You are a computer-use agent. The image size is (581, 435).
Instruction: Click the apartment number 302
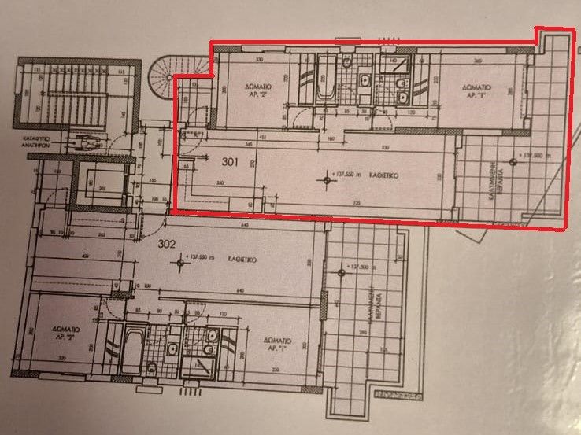coord(168,243)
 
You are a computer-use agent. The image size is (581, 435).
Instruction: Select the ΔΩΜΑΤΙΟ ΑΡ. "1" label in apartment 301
coord(476,90)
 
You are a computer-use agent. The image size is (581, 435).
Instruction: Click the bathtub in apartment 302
coord(128,352)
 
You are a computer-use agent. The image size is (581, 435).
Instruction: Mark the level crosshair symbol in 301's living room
coord(325,182)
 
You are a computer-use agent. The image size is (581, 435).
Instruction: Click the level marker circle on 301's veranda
coord(513,162)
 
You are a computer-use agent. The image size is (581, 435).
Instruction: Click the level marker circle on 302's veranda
coord(340,272)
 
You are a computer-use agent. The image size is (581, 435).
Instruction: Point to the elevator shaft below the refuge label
coord(99,184)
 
